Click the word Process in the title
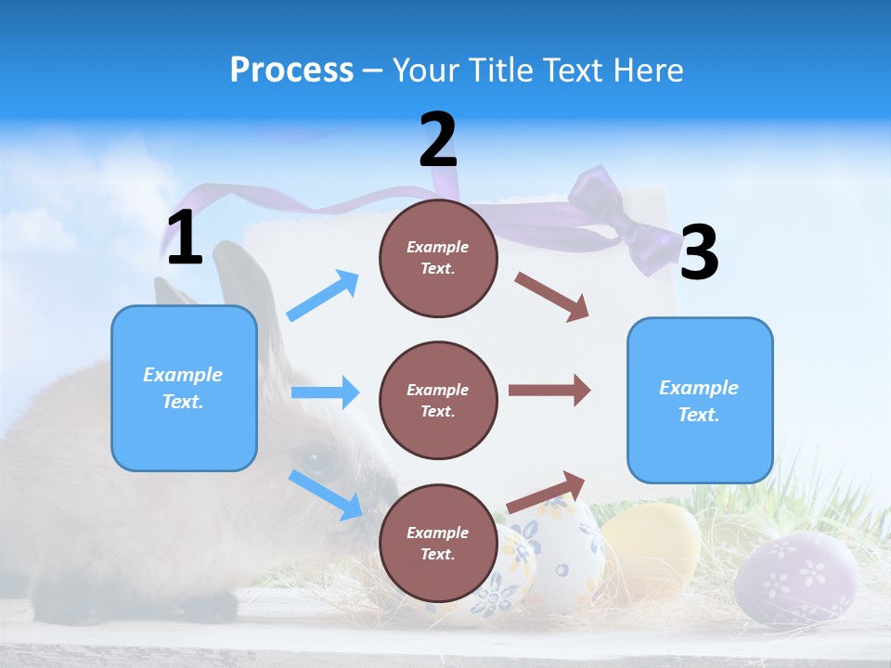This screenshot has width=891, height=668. point(291,71)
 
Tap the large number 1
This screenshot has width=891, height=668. point(185,238)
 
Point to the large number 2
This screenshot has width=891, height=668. point(438,140)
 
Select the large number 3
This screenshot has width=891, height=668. point(699,253)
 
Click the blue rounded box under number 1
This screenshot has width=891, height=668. point(184,388)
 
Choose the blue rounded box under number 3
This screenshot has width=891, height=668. point(700,400)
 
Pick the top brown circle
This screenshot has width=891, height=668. point(438,258)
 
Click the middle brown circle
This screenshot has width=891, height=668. point(438,400)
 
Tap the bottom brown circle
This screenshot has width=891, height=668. point(438,543)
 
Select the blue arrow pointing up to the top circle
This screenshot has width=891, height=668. point(323,296)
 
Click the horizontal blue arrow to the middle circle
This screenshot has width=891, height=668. point(325,392)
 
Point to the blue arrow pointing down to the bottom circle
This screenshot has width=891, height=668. point(326,495)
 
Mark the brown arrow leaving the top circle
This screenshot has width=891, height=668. point(552,297)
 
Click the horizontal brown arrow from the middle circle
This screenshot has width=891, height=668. point(549,391)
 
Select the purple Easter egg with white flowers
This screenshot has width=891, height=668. point(795,578)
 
